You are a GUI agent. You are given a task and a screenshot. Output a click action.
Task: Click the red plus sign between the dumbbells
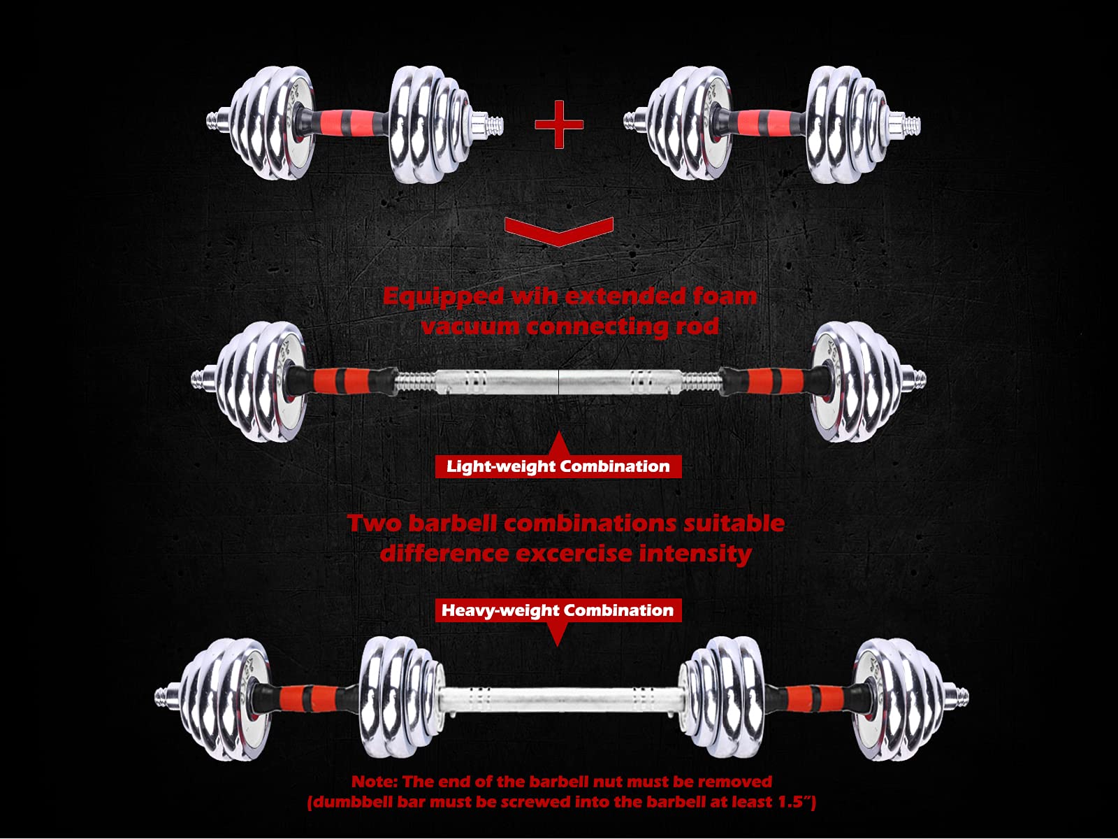(559, 124)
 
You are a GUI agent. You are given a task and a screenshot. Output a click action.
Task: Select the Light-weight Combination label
(558, 466)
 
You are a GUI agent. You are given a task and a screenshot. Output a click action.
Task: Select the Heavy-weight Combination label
(558, 610)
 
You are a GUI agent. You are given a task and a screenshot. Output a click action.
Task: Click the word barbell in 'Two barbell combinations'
(452, 524)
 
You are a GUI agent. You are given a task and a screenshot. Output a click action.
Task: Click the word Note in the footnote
(374, 782)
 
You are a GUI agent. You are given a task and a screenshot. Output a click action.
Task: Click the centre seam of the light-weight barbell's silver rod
(559, 382)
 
